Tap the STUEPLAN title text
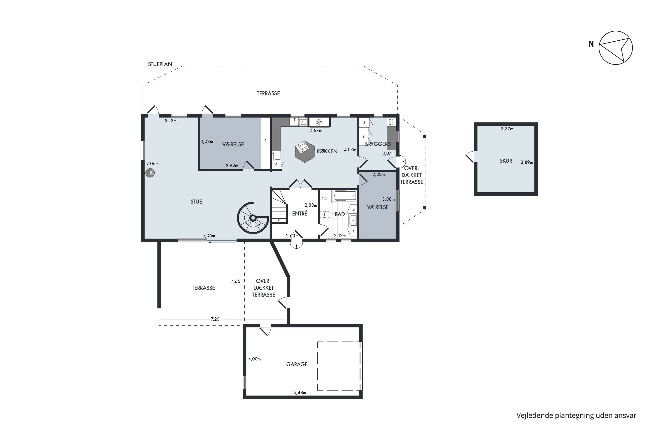160,64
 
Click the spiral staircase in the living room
253,218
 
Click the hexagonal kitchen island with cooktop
305,151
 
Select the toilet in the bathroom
326,215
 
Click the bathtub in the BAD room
345,196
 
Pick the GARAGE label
297,364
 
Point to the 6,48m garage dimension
300,393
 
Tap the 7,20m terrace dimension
217,319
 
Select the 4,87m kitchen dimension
316,131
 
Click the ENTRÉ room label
300,213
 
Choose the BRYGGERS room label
378,144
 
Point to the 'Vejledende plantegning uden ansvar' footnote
576,415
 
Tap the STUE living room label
196,202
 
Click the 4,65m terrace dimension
237,281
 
